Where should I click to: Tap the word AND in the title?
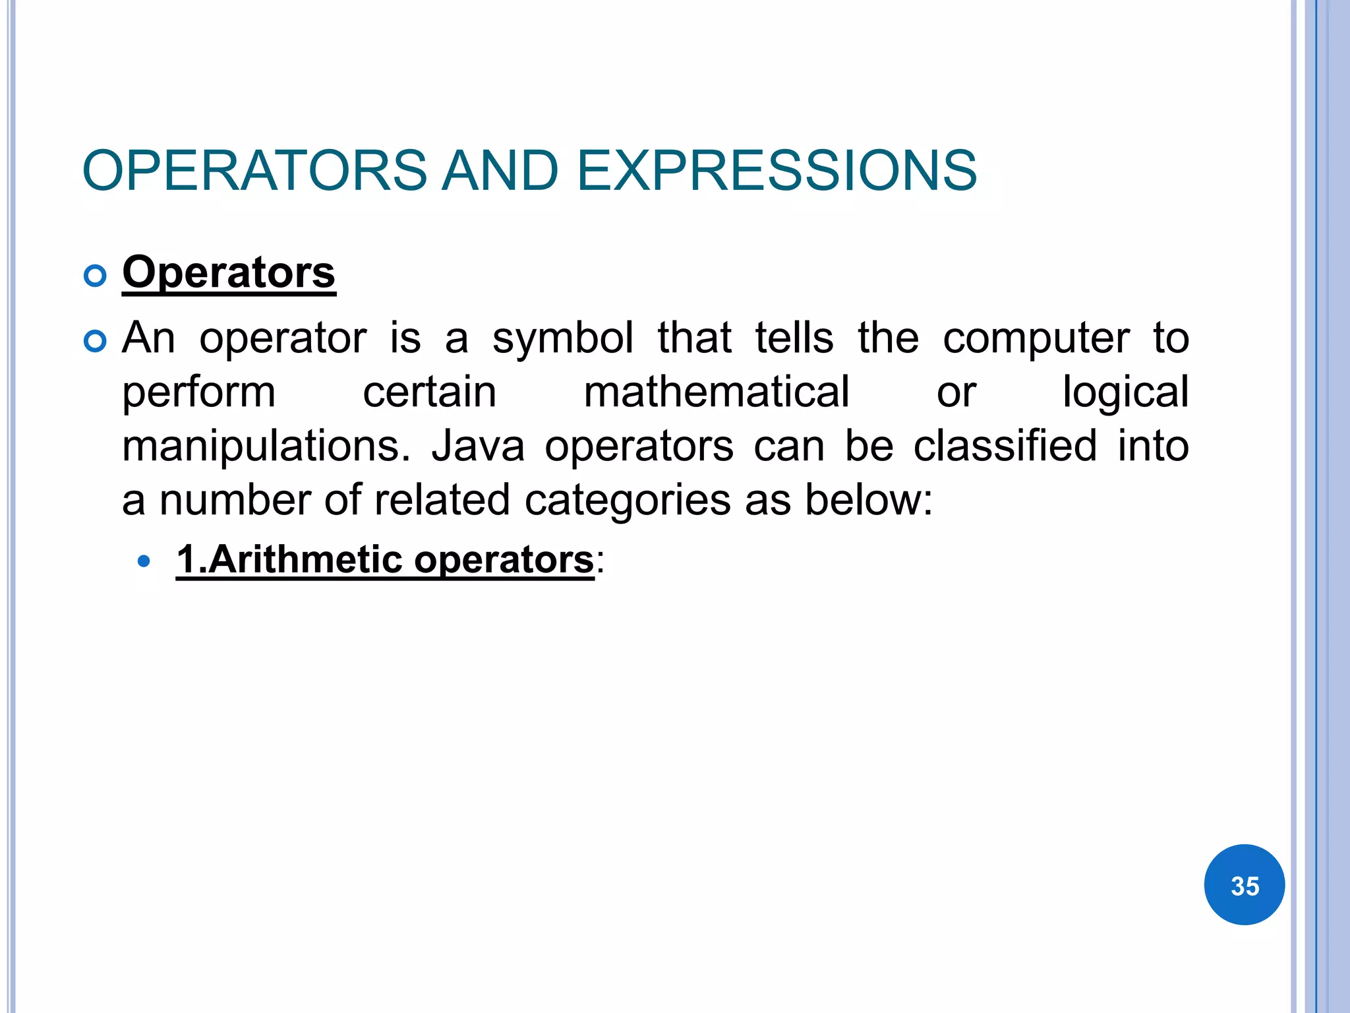point(500,171)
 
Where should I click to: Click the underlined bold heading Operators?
point(229,272)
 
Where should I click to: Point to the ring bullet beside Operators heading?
point(96,276)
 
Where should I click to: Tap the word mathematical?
point(717,392)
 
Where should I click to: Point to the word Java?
point(478,446)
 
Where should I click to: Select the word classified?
point(1005,446)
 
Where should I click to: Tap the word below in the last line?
point(868,500)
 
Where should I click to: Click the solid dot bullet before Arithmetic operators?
point(144,562)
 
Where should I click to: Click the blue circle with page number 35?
point(1244,885)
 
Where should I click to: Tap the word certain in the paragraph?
point(429,392)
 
